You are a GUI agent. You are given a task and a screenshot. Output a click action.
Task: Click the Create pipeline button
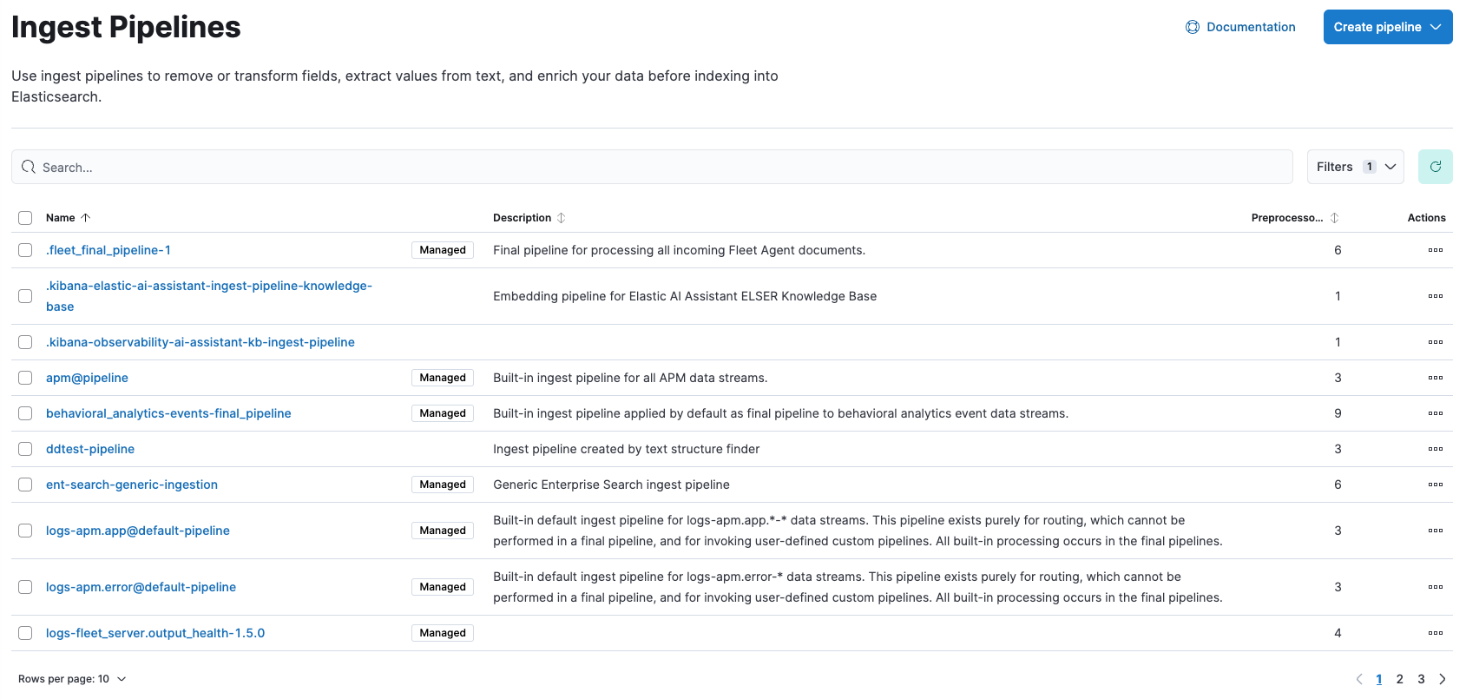1386,27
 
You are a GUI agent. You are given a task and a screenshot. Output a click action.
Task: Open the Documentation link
1240,27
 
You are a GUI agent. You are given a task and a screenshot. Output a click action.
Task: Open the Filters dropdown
1354,167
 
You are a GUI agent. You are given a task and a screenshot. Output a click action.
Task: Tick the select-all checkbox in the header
25,218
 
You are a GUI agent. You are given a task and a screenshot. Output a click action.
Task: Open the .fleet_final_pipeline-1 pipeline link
108,250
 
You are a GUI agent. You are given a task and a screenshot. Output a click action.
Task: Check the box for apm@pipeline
25,378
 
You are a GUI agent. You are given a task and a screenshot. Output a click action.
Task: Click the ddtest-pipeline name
90,449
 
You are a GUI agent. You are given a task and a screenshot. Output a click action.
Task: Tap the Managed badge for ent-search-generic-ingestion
443,485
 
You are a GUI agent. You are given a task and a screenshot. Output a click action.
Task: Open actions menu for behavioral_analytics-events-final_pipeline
1435,413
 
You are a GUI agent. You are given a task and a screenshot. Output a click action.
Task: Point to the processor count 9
1338,413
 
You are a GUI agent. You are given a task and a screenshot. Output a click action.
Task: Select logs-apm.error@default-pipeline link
141,587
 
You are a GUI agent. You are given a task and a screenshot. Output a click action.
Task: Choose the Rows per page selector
72,679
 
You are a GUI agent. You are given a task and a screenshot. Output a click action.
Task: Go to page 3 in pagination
1421,679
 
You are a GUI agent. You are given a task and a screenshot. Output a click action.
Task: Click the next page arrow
1443,679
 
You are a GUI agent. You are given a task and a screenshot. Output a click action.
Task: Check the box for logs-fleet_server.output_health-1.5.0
25,633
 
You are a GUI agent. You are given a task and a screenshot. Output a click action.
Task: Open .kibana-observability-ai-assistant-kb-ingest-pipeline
201,342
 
